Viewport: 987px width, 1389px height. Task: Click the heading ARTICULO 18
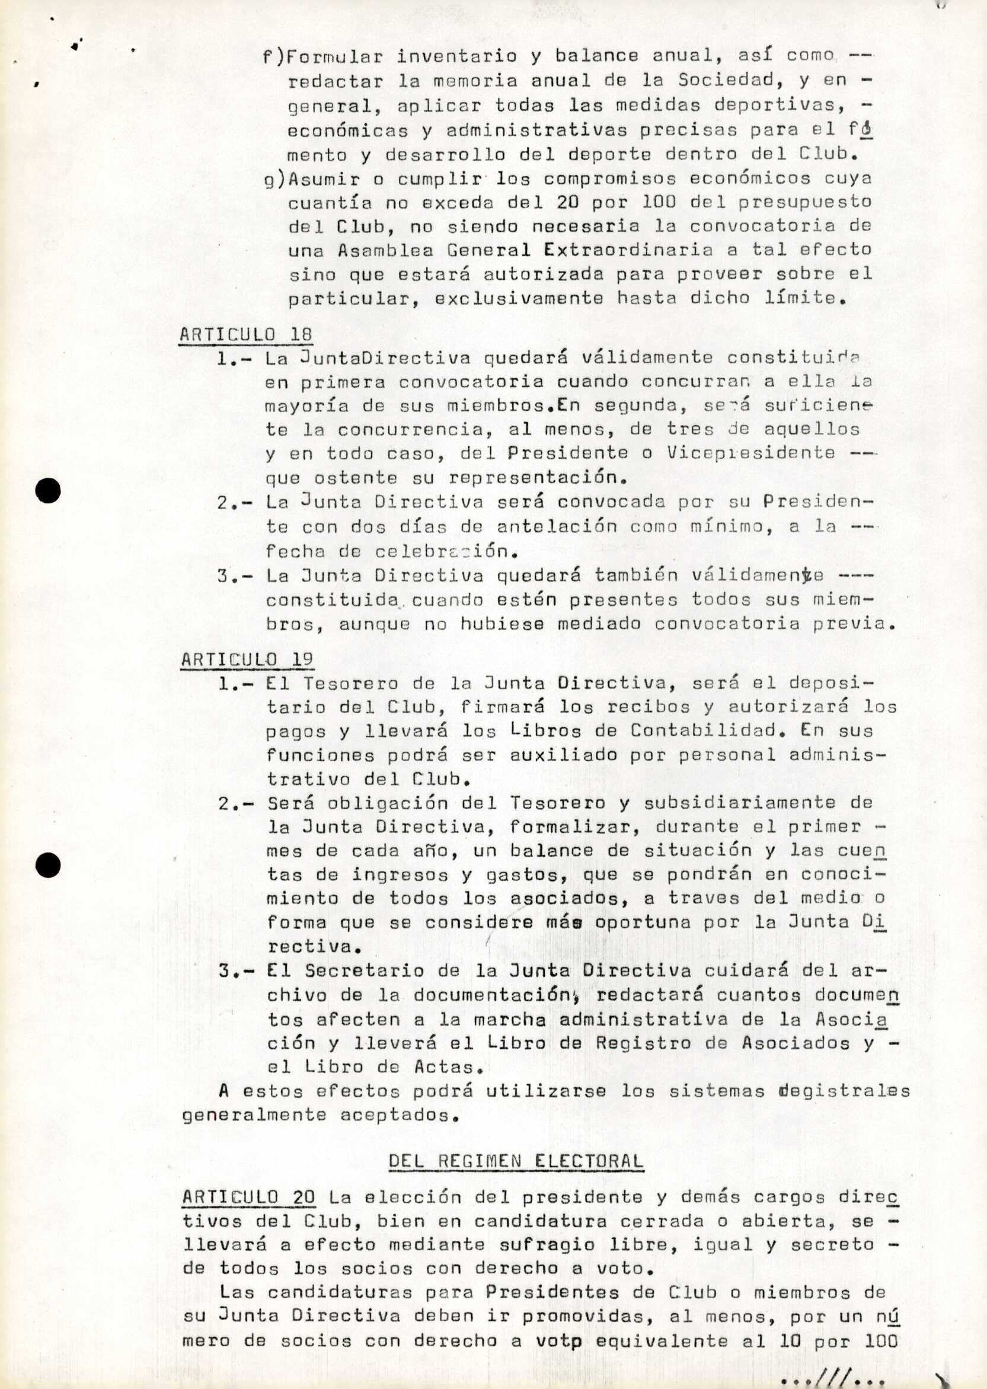pos(245,334)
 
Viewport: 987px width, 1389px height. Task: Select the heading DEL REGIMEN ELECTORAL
pos(515,1161)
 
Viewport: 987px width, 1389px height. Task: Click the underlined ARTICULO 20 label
pos(248,1197)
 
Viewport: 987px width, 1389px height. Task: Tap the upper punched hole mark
pos(48,490)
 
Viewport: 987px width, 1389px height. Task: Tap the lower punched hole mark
pos(48,866)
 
